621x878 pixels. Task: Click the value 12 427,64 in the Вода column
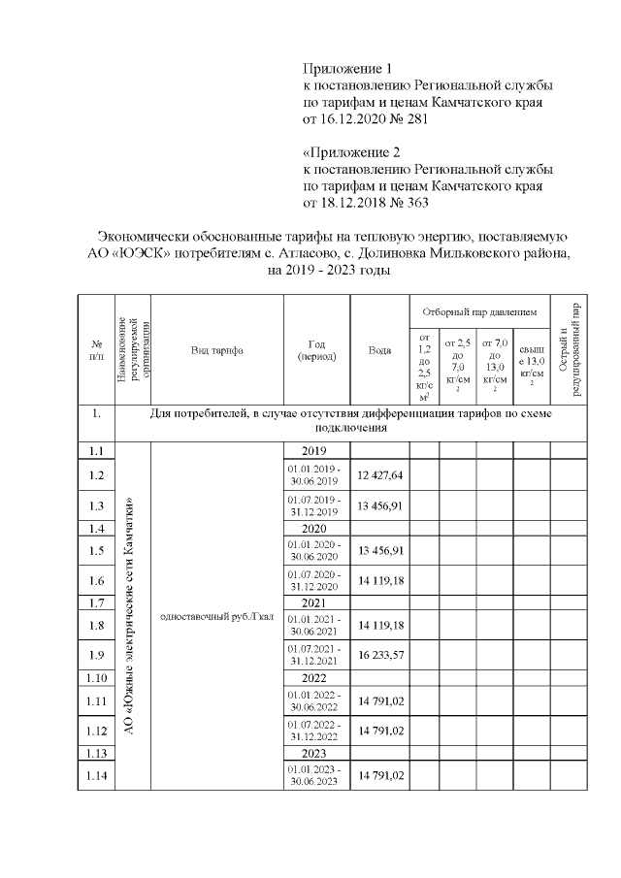tap(379, 474)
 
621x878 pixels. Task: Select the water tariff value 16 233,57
tap(379, 655)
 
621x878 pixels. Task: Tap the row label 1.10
tap(96, 676)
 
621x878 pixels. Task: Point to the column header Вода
tap(379, 350)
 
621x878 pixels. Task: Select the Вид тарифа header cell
tap(216, 350)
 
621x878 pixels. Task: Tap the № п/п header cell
tap(96, 350)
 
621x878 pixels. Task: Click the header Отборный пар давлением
tap(478, 312)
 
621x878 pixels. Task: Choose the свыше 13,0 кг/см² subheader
tap(531, 369)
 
